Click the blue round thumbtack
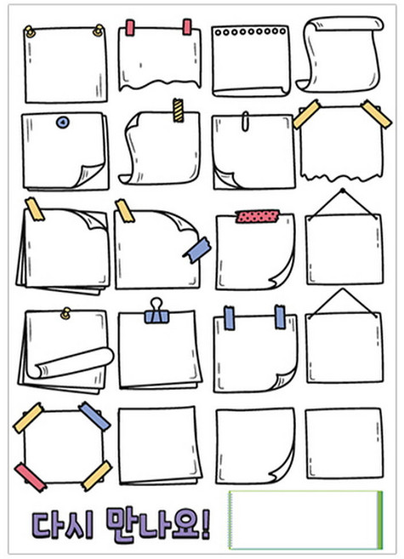63,123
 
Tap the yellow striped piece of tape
178,111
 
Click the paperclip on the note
245,121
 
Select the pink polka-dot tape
257,216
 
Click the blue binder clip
156,311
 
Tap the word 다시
63,525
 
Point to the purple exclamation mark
206,523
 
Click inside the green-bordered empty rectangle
305,519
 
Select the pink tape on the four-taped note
30,477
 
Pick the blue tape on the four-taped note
94,416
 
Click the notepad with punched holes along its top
251,60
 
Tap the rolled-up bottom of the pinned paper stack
71,362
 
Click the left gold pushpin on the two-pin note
30,31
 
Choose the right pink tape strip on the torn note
187,27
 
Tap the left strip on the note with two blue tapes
229,317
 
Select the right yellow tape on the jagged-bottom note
376,114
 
